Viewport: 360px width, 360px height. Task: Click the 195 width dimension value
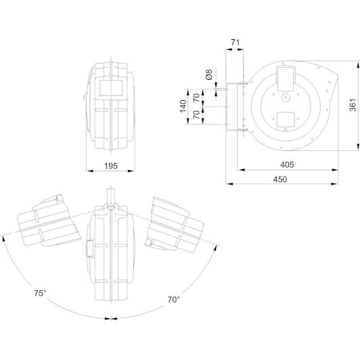coord(111,166)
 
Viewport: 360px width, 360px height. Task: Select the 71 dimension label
coord(235,43)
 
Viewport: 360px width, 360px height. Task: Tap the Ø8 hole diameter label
coord(209,74)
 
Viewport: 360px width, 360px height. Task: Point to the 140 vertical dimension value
coord(183,106)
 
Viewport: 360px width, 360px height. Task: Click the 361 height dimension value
coord(353,105)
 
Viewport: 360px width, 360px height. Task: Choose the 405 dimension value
coord(287,164)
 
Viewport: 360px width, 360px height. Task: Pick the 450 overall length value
coord(280,179)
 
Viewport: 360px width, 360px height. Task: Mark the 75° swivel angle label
coord(40,293)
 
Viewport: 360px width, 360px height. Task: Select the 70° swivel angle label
coord(173,300)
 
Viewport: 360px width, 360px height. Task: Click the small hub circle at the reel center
coord(286,98)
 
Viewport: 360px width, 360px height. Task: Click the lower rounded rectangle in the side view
coord(286,120)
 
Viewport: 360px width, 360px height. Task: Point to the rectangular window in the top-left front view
coord(111,88)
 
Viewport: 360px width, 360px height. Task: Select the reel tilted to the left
coord(49,221)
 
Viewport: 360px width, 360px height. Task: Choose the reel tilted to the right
coord(175,225)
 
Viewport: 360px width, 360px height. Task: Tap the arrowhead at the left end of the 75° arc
coord(3,239)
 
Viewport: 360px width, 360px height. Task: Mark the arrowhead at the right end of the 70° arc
coord(215,248)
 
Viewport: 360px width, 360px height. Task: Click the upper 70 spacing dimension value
coord(197,98)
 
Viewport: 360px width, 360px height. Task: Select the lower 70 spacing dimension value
coord(197,114)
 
